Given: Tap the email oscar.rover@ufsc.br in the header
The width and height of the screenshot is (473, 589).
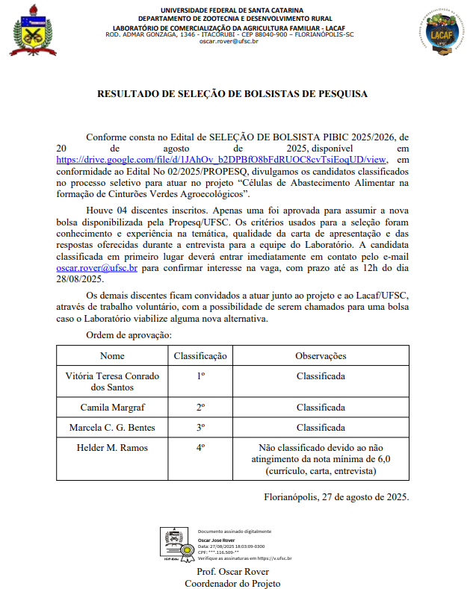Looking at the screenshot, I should point(229,42).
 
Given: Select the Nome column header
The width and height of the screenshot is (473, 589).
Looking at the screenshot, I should point(112,355).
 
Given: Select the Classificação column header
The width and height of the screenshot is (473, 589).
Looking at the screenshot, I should point(200,355).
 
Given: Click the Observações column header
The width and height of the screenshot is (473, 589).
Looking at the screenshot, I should point(321,355).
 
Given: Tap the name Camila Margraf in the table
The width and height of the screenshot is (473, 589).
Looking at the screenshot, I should point(112,408).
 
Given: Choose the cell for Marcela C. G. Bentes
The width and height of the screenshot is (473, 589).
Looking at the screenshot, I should point(112,428).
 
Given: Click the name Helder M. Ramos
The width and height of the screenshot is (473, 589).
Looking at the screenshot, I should point(112,448).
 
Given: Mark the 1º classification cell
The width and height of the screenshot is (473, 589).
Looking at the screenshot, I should point(200,377).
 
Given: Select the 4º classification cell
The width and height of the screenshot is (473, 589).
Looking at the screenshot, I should point(200,448).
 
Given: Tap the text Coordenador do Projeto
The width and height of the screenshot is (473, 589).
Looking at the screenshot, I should point(232,583).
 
